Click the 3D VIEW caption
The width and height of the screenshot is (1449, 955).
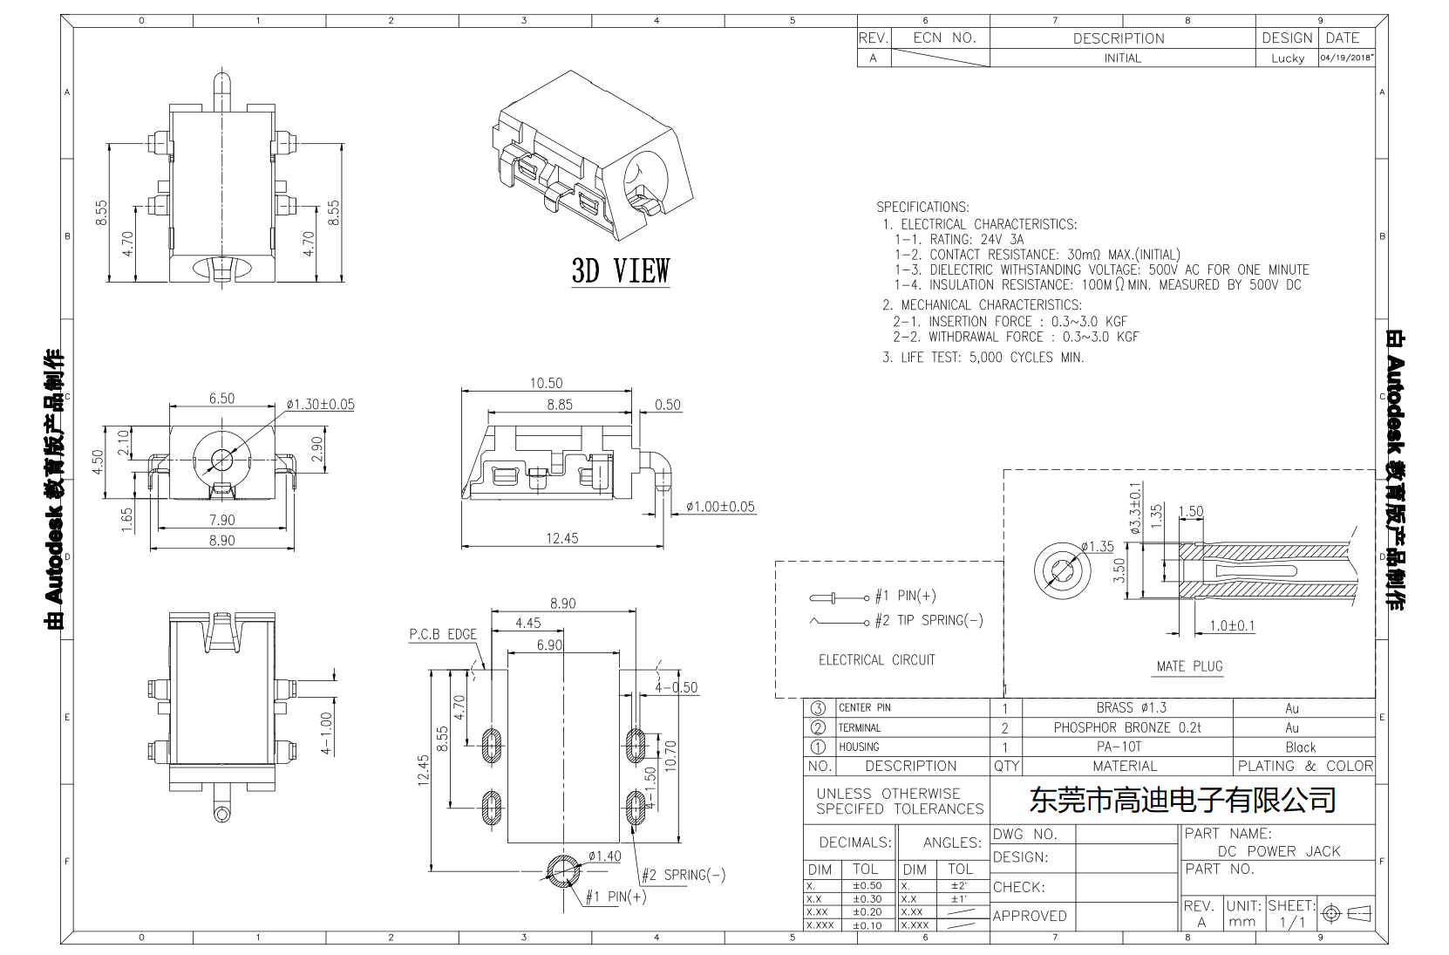coord(620,271)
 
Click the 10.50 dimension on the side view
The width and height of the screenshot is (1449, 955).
coord(546,383)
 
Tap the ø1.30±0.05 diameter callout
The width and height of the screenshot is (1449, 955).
coord(320,405)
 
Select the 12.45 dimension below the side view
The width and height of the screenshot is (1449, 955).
coord(561,538)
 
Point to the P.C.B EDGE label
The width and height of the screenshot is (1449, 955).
coord(443,634)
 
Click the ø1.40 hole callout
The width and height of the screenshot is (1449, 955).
coord(604,856)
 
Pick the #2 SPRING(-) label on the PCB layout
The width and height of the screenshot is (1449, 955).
coord(683,875)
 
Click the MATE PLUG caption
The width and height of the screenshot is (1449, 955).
coord(1189,666)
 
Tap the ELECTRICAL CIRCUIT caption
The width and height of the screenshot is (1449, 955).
coord(876,660)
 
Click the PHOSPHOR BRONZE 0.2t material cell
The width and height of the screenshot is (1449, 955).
coord(1126,727)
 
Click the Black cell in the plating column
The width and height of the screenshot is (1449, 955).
coord(1300,747)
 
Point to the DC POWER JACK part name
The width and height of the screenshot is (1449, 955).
coord(1278,851)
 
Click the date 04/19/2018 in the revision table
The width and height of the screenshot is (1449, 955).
coord(1347,58)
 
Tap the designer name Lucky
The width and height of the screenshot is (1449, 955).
coord(1287,58)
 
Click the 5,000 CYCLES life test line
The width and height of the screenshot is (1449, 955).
coord(983,358)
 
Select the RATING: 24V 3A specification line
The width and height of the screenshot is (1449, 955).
coord(959,239)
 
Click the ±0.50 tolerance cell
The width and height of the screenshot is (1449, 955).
coord(866,885)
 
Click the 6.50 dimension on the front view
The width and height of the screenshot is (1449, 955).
coord(221,399)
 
